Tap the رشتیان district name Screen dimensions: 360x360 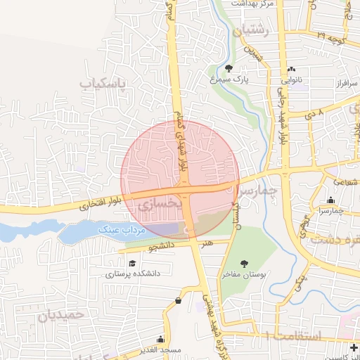click(253, 30)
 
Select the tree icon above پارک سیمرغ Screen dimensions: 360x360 click(229, 68)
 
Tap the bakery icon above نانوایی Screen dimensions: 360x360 click(292, 69)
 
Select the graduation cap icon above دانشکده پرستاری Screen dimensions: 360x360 click(131, 262)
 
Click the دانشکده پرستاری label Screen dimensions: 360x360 click(134, 273)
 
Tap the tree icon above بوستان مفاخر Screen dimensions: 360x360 click(244, 264)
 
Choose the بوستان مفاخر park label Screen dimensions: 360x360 click(245, 274)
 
